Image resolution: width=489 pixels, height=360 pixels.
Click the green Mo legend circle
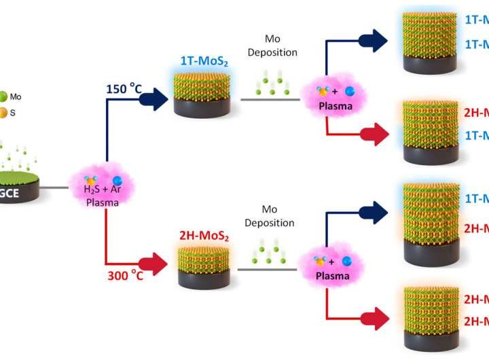[4, 97]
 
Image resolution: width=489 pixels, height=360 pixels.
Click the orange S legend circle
[4, 112]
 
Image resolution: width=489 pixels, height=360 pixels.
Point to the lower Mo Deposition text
[269, 216]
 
